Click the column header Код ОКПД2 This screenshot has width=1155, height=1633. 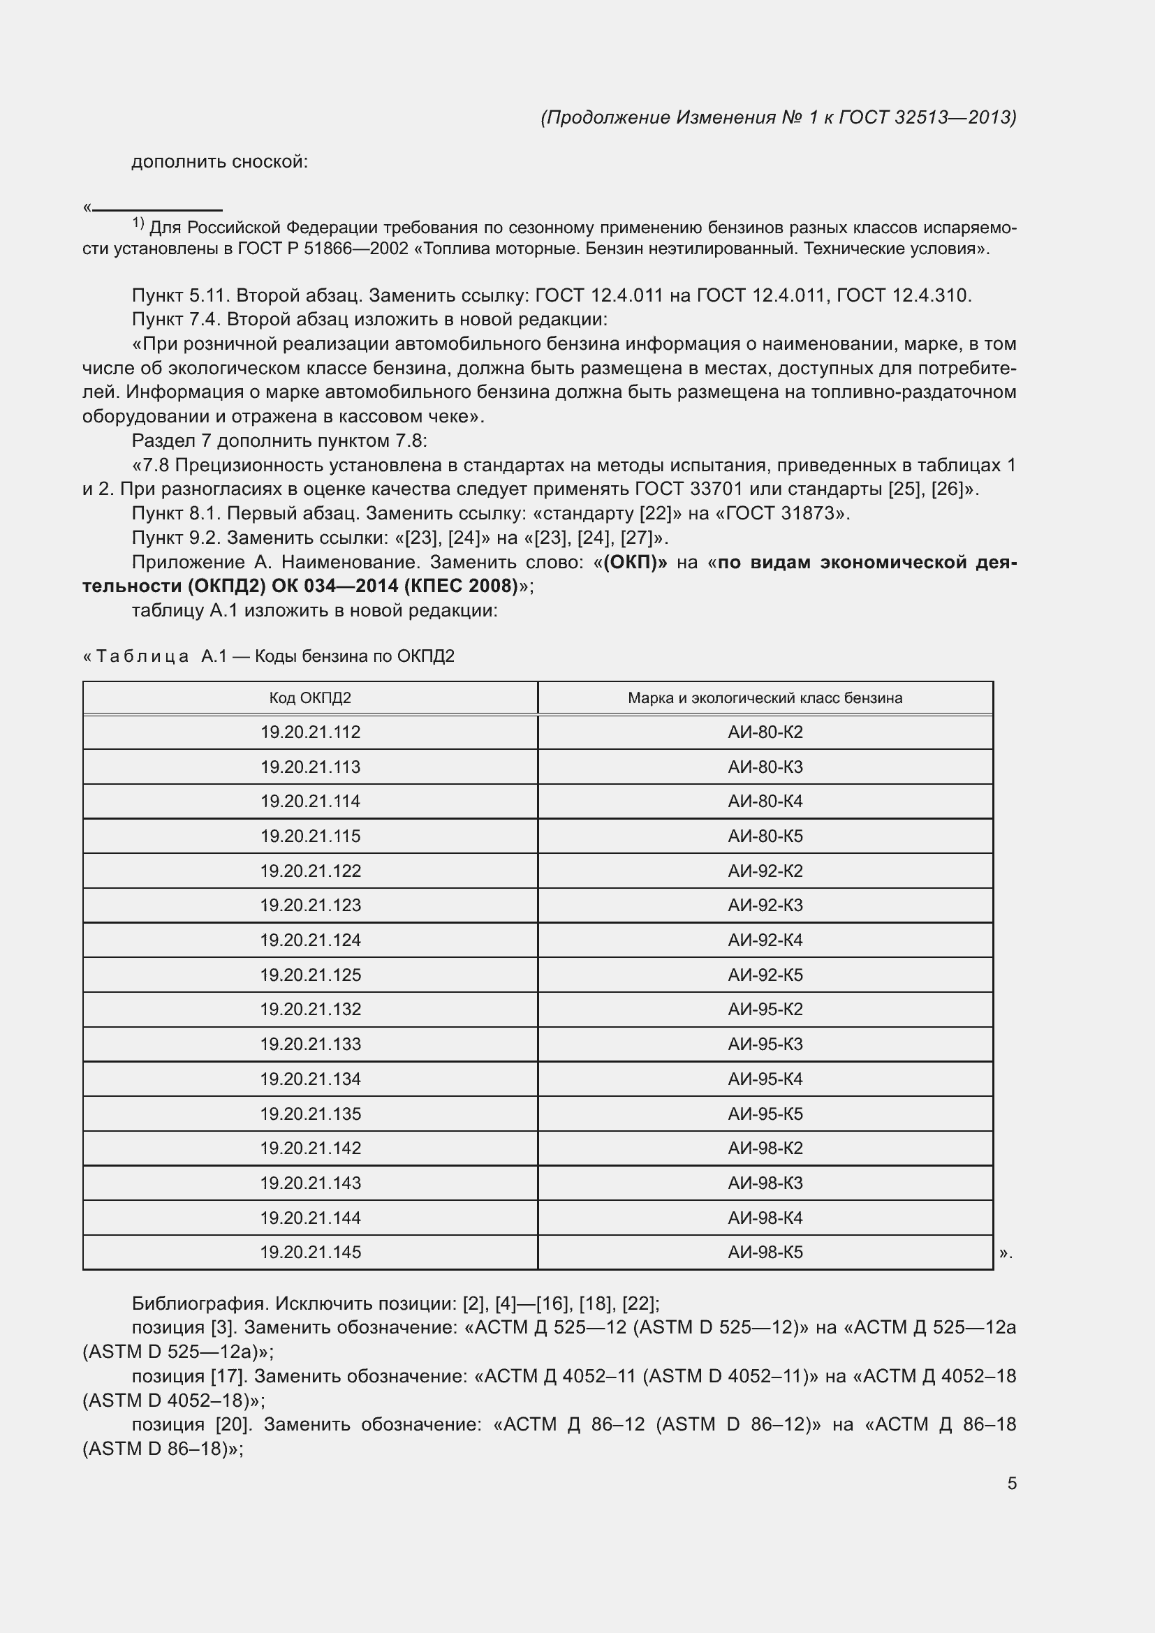[x=310, y=697]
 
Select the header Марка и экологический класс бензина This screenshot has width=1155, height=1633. [x=765, y=697]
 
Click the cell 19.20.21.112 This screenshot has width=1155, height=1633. [x=310, y=732]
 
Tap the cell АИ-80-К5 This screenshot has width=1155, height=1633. [x=765, y=836]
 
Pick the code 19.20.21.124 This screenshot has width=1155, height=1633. [x=310, y=940]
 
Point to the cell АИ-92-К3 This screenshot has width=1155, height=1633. [x=765, y=906]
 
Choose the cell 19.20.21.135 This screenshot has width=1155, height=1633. [x=310, y=1114]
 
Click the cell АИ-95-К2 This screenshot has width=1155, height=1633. [x=765, y=1010]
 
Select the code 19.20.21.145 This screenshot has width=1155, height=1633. [x=310, y=1253]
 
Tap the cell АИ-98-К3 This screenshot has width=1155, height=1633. [x=765, y=1183]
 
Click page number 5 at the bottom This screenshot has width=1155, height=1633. [x=1011, y=1484]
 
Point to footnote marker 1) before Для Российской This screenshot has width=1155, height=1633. [x=138, y=225]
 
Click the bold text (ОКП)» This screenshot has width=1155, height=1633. [x=635, y=563]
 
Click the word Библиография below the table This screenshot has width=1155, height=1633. [x=200, y=1303]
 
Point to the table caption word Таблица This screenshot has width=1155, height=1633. [x=142, y=656]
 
